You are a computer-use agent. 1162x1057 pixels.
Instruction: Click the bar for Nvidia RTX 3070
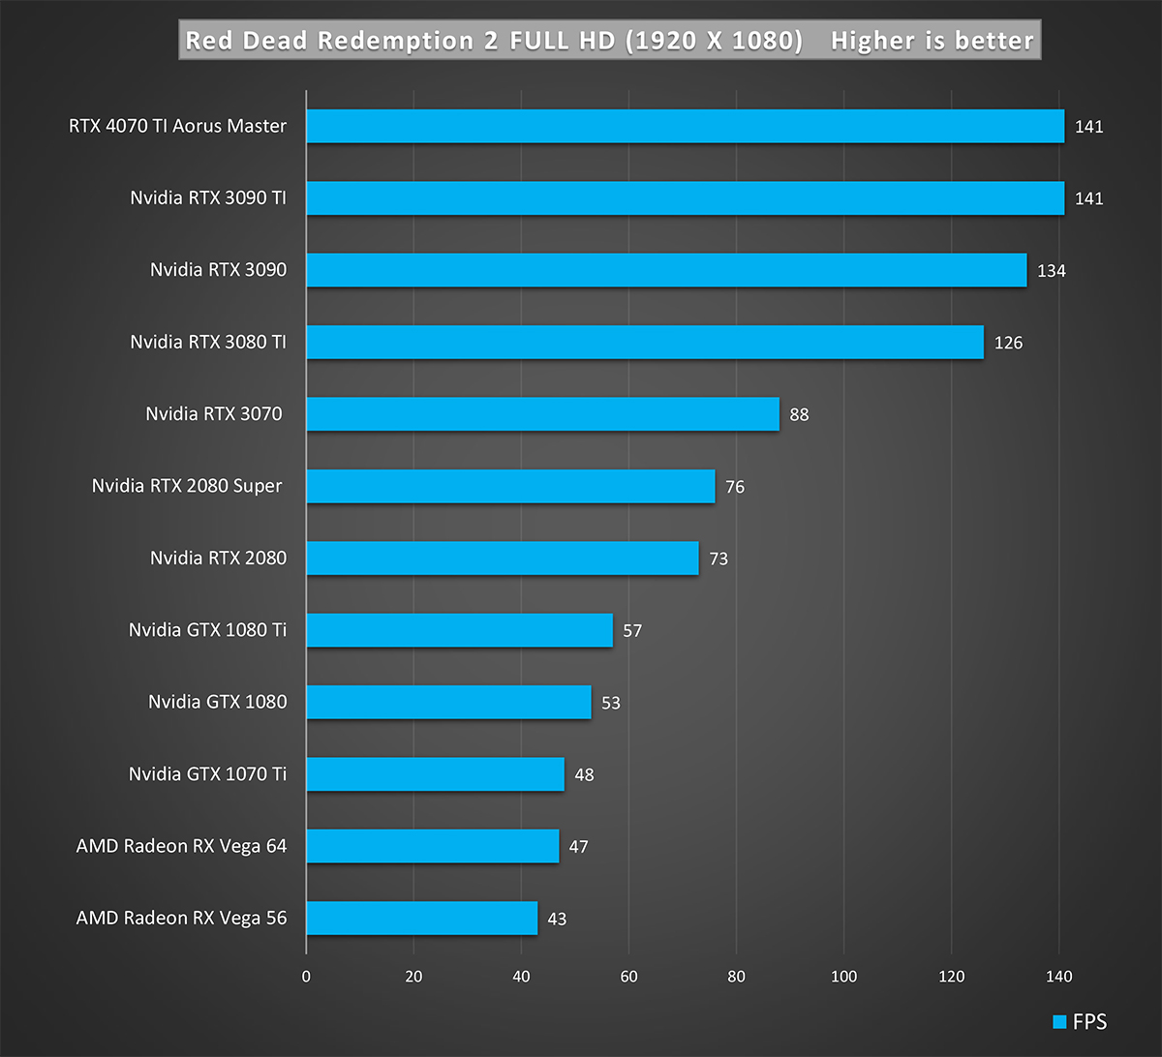542,414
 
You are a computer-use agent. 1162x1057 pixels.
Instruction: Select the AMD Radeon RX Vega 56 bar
421,919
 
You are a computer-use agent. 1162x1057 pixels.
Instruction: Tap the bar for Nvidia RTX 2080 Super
510,486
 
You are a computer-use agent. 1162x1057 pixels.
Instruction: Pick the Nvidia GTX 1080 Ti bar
459,630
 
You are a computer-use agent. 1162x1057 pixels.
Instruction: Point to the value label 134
1051,271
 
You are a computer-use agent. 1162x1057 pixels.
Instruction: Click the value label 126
1008,343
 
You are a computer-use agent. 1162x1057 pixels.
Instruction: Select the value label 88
799,415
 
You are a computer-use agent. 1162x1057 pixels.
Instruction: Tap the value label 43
557,920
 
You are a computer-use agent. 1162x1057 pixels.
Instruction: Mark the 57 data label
632,631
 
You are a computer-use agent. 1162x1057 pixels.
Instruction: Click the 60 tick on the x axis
628,977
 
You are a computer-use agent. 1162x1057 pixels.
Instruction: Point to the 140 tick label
1058,977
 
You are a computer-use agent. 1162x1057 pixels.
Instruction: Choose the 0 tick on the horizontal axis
306,977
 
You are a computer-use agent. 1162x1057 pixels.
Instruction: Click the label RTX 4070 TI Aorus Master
178,126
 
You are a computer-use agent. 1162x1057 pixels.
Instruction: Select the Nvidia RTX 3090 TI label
208,198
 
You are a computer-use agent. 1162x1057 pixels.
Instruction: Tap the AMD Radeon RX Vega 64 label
181,846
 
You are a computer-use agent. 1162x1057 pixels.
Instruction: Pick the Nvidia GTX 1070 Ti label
207,774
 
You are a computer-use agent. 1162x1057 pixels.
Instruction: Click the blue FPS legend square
1058,1022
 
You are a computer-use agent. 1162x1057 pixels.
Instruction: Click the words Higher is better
932,41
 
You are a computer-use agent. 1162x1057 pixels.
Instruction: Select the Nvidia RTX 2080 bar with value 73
502,559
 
